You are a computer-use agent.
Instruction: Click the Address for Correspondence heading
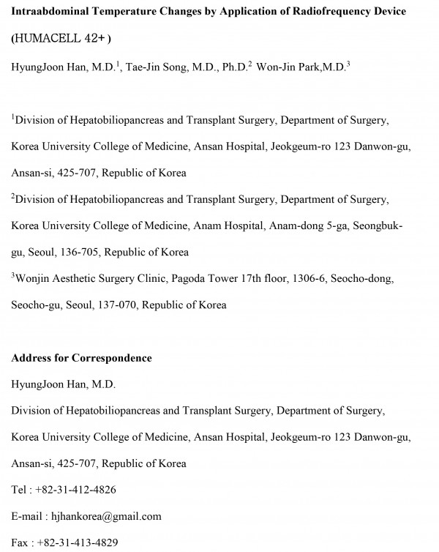pyautogui.click(x=81, y=358)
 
